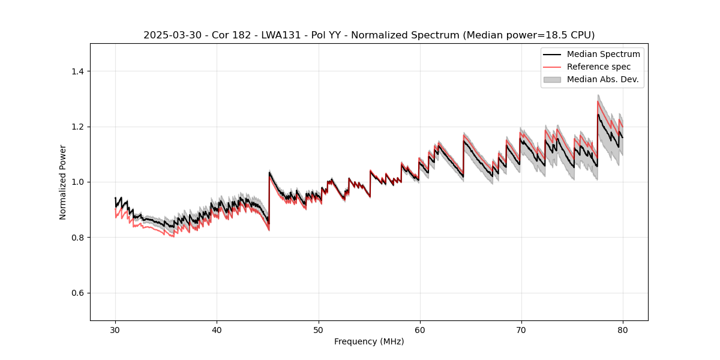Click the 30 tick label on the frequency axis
tap(115, 330)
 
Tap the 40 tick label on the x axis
tap(217, 330)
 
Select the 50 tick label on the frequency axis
tap(318, 330)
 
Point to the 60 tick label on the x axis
tap(420, 330)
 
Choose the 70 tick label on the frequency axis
tap(521, 330)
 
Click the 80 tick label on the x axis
tap(623, 330)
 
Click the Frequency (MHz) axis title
tap(369, 341)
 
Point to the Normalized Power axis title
tap(62, 182)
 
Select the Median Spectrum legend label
tap(603, 54)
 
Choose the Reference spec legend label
tap(599, 67)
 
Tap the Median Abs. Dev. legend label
tap(602, 79)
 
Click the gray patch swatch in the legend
tap(552, 79)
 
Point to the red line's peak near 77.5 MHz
tap(598, 101)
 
